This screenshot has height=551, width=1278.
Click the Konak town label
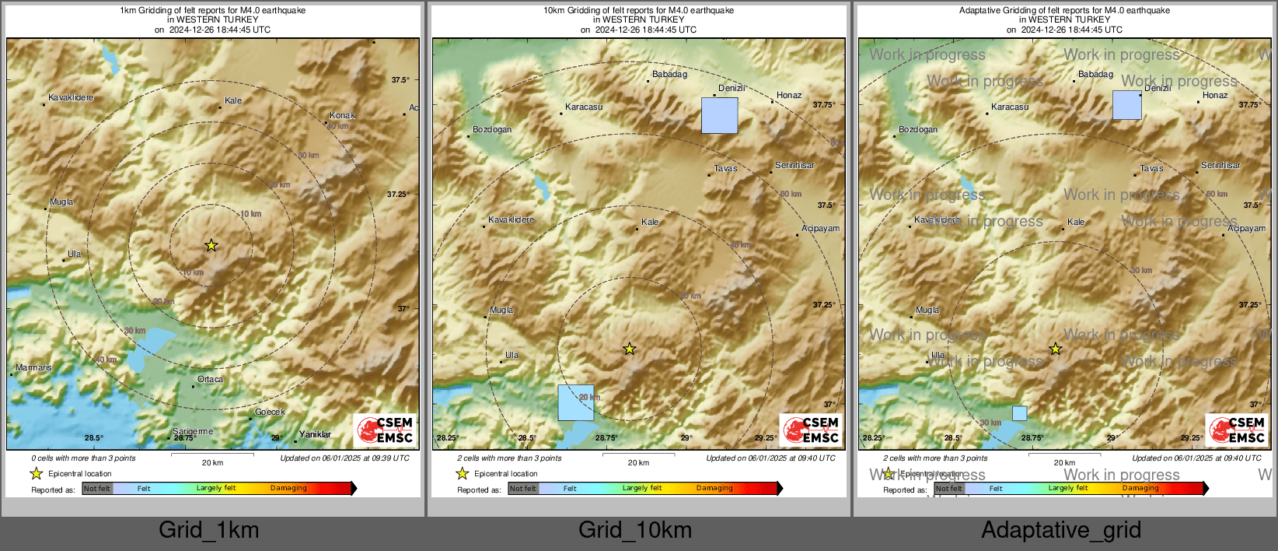pyautogui.click(x=342, y=115)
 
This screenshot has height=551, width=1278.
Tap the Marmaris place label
pyautogui.click(x=33, y=367)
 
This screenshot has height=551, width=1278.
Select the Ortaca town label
pyautogui.click(x=210, y=379)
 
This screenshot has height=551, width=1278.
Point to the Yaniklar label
pyautogui.click(x=315, y=434)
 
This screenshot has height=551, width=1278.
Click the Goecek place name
pyautogui.click(x=270, y=412)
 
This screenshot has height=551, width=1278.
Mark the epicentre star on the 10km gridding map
pyautogui.click(x=630, y=349)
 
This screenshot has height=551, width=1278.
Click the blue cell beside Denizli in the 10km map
pyautogui.click(x=719, y=115)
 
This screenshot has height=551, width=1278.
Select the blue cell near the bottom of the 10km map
pyautogui.click(x=575, y=402)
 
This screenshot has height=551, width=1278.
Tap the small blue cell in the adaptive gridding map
pyautogui.click(x=1019, y=413)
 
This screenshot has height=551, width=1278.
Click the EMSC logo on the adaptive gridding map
pyautogui.click(x=1236, y=430)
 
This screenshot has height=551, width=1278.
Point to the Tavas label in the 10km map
pyautogui.click(x=725, y=168)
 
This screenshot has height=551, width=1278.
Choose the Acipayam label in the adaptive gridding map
pyautogui.click(x=1246, y=228)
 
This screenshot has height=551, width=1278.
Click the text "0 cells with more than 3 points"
pyautogui.click(x=83, y=458)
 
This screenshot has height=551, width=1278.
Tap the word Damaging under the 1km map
pyautogui.click(x=288, y=488)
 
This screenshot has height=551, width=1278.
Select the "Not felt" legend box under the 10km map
pyautogui.click(x=522, y=489)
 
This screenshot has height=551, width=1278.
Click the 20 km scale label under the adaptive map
pyautogui.click(x=1064, y=462)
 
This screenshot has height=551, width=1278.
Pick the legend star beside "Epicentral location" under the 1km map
pyautogui.click(x=36, y=473)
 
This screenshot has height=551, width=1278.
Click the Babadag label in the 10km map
pyautogui.click(x=669, y=74)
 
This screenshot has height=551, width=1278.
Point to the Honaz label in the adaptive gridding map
pyautogui.click(x=1215, y=95)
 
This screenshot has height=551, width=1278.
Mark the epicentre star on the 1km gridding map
pyautogui.click(x=211, y=245)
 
